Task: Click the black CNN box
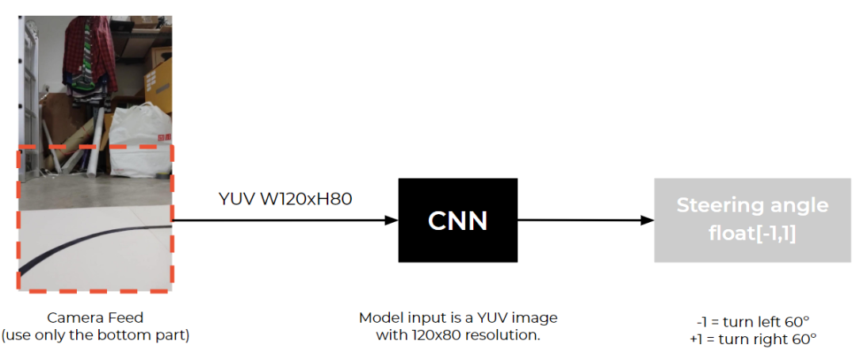(x=457, y=220)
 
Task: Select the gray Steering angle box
(x=752, y=220)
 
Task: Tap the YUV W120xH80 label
(x=285, y=198)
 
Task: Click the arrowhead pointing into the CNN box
(x=391, y=220)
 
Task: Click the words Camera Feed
(x=95, y=318)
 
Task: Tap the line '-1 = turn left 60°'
(x=752, y=322)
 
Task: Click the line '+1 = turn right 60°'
(x=752, y=339)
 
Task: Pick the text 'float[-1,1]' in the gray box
(x=752, y=234)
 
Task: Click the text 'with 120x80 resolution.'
(x=457, y=335)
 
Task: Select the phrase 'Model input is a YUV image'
(x=457, y=318)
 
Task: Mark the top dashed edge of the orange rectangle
(x=95, y=147)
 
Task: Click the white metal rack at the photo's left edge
(x=29, y=63)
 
